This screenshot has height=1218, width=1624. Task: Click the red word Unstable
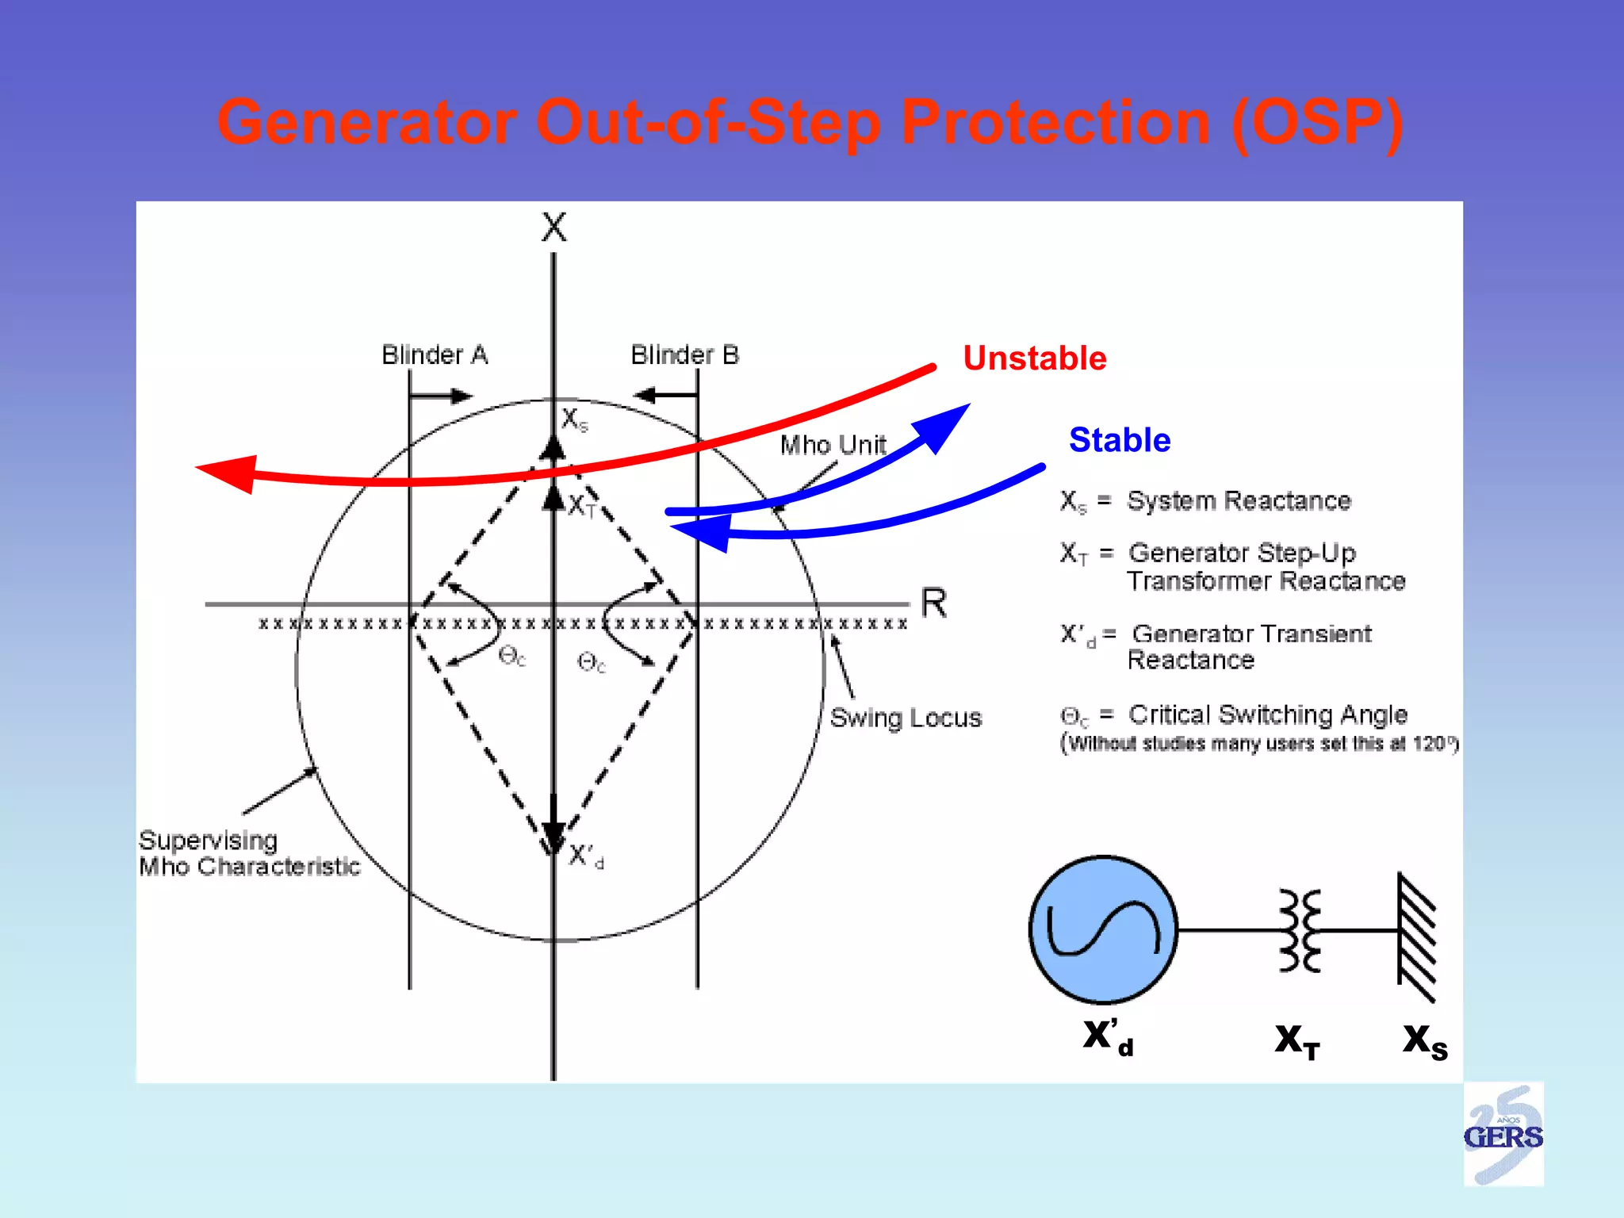pyautogui.click(x=1034, y=358)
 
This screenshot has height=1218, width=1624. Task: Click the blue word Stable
pyautogui.click(x=1119, y=440)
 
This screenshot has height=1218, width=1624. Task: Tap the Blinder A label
pyautogui.click(x=435, y=354)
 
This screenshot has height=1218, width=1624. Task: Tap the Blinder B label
pyautogui.click(x=684, y=354)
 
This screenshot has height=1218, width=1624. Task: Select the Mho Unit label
pyautogui.click(x=833, y=445)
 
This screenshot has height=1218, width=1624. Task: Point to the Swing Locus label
pyautogui.click(x=906, y=718)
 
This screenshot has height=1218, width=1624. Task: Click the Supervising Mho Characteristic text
pyautogui.click(x=248, y=853)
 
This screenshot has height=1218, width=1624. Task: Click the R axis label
pyautogui.click(x=933, y=603)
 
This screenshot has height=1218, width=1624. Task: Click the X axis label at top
pyautogui.click(x=553, y=228)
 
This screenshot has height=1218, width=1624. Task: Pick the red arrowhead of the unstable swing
pyautogui.click(x=229, y=473)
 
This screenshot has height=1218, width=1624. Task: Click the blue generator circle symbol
pyautogui.click(x=1103, y=929)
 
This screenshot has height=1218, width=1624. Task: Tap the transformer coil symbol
pyautogui.click(x=1300, y=930)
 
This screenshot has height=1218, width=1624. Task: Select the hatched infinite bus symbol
pyautogui.click(x=1416, y=937)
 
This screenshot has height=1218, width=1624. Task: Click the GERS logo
pyautogui.click(x=1503, y=1135)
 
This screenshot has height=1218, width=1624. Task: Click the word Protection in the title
pyautogui.click(x=1055, y=122)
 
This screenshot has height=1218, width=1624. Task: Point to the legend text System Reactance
pyautogui.click(x=1239, y=501)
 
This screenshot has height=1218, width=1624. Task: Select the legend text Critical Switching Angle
pyautogui.click(x=1267, y=714)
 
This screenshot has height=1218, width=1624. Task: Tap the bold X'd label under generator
pyautogui.click(x=1108, y=1036)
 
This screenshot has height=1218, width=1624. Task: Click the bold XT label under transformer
pyautogui.click(x=1297, y=1040)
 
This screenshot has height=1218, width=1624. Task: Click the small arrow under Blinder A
pyautogui.click(x=442, y=396)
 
